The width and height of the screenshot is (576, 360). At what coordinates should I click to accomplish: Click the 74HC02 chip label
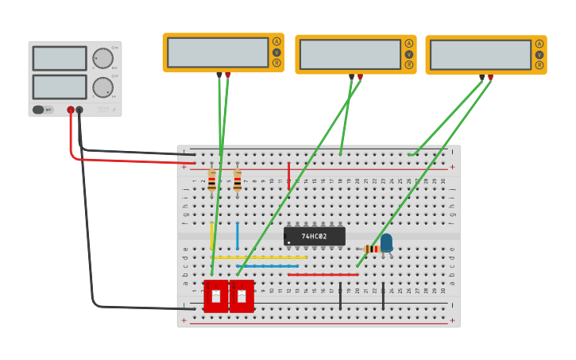pyautogui.click(x=315, y=236)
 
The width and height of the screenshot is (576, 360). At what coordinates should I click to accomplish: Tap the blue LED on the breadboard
pyautogui.click(x=386, y=242)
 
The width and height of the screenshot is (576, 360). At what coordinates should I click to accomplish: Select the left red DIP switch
pyautogui.click(x=216, y=296)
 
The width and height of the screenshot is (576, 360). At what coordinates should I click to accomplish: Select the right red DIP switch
pyautogui.click(x=242, y=296)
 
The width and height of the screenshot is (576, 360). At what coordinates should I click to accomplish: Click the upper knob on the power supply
pyautogui.click(x=102, y=58)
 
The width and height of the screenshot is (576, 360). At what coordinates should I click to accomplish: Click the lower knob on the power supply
pyautogui.click(x=102, y=87)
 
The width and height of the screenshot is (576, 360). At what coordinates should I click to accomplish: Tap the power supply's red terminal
pyautogui.click(x=71, y=110)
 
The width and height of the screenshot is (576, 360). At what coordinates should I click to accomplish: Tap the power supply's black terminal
pyautogui.click(x=79, y=110)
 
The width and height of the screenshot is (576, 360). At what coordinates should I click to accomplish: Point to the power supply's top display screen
pyautogui.click(x=60, y=58)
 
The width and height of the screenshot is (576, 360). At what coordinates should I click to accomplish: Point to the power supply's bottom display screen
pyautogui.click(x=60, y=87)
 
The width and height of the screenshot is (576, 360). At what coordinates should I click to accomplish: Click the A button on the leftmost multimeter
pyautogui.click(x=276, y=41)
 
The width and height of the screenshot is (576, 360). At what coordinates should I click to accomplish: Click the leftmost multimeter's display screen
pyautogui.click(x=218, y=52)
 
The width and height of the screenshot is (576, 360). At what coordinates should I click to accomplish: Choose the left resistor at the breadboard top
pyautogui.click(x=211, y=180)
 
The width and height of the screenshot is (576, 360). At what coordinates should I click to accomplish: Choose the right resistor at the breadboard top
pyautogui.click(x=237, y=180)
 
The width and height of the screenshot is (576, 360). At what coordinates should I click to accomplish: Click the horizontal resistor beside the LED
pyautogui.click(x=370, y=249)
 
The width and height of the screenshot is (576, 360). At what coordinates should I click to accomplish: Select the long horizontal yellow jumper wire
pyautogui.click(x=259, y=257)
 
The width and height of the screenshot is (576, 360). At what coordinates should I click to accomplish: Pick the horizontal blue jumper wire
pyautogui.click(x=267, y=265)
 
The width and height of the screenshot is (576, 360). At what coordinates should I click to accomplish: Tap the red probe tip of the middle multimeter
pyautogui.click(x=360, y=77)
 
